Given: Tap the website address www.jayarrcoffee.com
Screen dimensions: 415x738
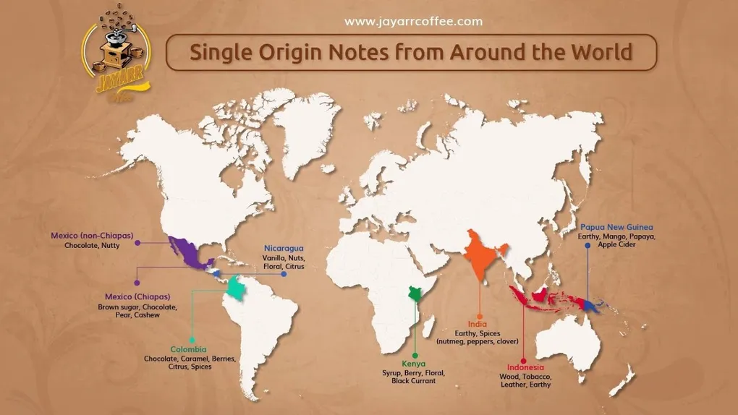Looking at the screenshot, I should [x=413, y=21].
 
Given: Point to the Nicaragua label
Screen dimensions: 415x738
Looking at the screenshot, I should [x=284, y=248].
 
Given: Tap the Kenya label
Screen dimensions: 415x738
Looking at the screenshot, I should [x=413, y=363].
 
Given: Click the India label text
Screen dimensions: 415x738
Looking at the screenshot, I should [x=477, y=323].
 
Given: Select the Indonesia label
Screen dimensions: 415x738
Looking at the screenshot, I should [x=525, y=367].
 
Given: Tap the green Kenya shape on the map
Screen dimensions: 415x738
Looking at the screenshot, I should [x=415, y=295].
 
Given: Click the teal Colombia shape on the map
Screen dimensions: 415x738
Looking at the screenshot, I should [x=234, y=290].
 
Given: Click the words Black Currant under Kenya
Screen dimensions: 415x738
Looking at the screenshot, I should [x=413, y=381].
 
